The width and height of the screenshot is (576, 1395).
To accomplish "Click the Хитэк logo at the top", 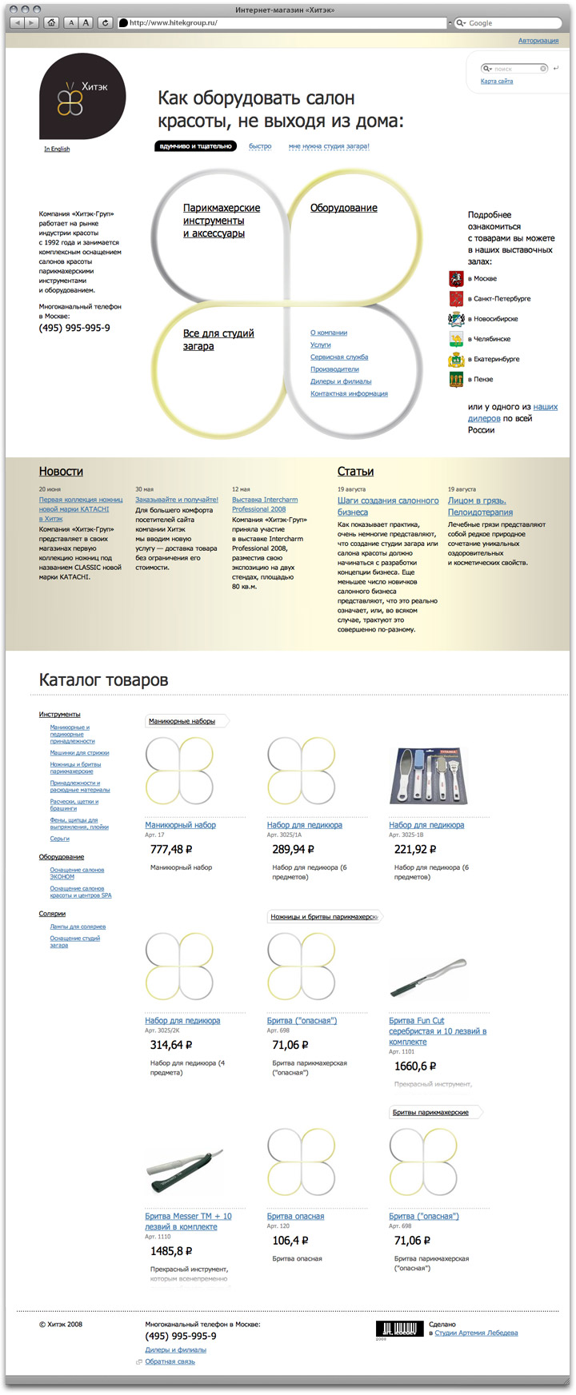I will coord(82,97).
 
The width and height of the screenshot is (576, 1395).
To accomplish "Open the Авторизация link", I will coord(538,41).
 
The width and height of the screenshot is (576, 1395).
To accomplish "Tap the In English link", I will coord(57,149).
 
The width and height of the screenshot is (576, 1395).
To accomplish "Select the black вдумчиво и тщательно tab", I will coord(195,146).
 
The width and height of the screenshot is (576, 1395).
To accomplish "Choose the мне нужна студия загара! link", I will coord(329,146).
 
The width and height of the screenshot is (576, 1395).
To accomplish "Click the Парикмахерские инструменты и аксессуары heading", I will coord(214,221).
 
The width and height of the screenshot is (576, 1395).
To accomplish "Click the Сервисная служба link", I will coord(339,357).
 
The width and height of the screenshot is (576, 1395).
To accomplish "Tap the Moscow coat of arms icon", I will coord(456,279).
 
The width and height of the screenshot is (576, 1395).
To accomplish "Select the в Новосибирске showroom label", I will coord(493,319).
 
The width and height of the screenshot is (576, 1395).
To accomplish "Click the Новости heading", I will coord(61,472).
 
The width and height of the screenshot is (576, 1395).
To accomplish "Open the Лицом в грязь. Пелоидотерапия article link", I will coord(480,506).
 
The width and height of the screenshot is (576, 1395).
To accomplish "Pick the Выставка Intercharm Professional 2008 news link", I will coord(264,504).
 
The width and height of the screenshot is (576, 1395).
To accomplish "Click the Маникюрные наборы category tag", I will coord(182,721).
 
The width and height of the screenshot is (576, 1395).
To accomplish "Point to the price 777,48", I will coord(171,850).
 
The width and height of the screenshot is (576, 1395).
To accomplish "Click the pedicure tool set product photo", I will coord(426,776).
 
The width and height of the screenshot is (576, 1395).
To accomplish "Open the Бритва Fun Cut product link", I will coord(437,1031).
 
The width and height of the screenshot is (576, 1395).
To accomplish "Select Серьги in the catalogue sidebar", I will coord(60,839).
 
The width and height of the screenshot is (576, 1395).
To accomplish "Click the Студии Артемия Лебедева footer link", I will coord(476,1333).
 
